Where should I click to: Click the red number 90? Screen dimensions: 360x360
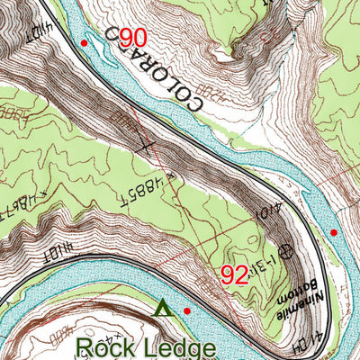click(131, 38)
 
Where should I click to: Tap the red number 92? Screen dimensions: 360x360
click(234, 274)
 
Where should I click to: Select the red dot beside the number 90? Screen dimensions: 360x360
click(84, 42)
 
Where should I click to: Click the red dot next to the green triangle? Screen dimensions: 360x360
click(187, 311)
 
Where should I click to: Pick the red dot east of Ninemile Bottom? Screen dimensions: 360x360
click(334, 232)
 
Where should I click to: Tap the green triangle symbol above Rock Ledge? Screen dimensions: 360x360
click(162, 309)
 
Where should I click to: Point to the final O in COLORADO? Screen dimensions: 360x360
click(193, 109)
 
